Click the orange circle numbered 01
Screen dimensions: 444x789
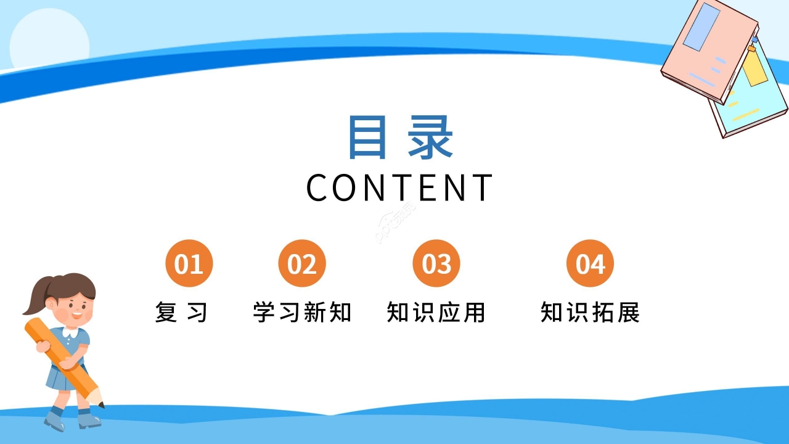(x=189, y=263)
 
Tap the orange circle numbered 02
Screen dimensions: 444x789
(x=301, y=263)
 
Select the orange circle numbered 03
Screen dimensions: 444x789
(x=436, y=263)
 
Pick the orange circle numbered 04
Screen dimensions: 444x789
(x=590, y=263)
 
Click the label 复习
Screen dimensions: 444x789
(x=181, y=313)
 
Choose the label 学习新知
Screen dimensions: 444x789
(x=302, y=313)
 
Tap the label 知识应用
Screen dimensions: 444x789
(x=436, y=313)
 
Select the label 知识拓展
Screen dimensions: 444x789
(x=591, y=313)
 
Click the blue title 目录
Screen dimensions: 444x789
(x=400, y=137)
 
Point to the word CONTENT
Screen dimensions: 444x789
(x=400, y=187)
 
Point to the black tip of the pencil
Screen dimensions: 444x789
(x=101, y=405)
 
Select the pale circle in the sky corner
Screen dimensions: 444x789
(x=49, y=40)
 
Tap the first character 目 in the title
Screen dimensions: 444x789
(x=368, y=137)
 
